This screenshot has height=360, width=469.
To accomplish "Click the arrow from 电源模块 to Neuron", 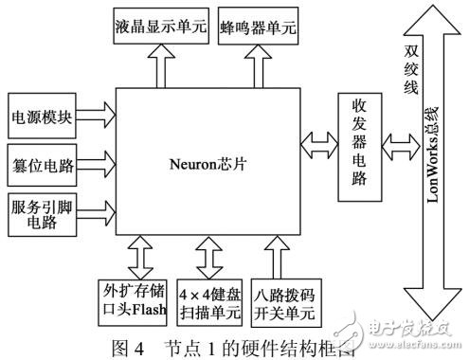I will point(93,118).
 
